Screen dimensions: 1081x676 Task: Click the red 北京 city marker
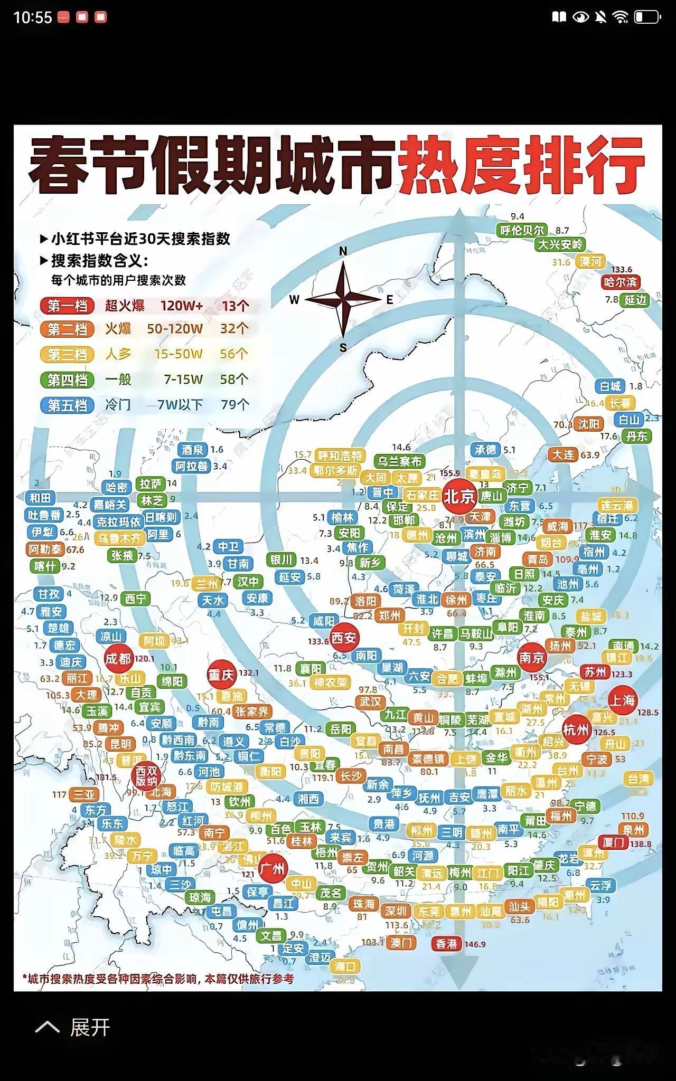(x=459, y=497)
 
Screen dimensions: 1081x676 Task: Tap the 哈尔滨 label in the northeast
(x=621, y=282)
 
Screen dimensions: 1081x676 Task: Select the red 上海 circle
(x=622, y=700)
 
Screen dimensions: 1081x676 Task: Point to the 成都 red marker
(x=118, y=659)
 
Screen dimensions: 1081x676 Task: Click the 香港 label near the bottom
(x=447, y=944)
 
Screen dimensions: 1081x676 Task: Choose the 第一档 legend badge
(x=67, y=306)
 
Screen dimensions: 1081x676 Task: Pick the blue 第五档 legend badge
(x=67, y=405)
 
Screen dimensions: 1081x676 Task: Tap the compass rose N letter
(x=343, y=252)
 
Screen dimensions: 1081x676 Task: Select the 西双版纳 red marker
(x=146, y=775)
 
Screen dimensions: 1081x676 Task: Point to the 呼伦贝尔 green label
(x=522, y=231)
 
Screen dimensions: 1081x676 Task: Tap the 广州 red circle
(x=273, y=869)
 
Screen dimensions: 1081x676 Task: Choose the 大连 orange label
(x=563, y=455)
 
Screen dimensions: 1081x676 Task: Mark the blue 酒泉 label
(x=193, y=450)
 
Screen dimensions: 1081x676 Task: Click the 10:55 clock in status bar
(x=32, y=17)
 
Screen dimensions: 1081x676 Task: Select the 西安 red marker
(x=344, y=638)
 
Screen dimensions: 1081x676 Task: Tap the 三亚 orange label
(x=83, y=795)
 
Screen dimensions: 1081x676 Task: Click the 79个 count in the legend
(x=235, y=405)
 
